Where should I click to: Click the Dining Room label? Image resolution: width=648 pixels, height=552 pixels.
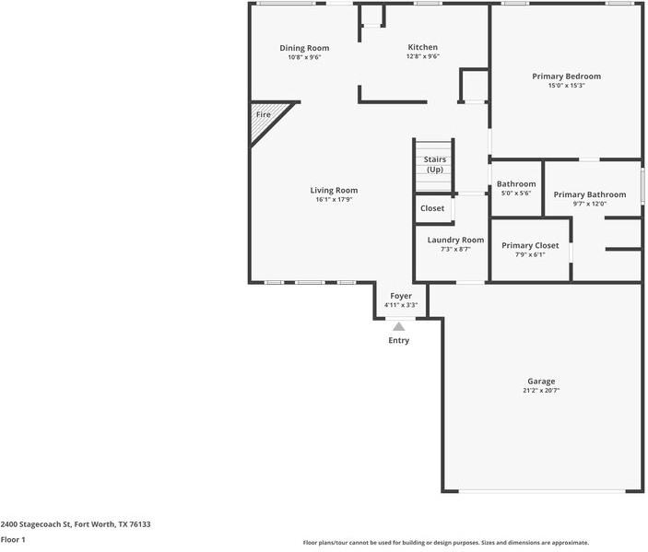point(304,48)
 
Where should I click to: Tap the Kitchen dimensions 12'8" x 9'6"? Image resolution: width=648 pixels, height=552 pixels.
point(423,57)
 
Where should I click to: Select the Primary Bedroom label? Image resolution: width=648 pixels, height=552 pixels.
point(566,76)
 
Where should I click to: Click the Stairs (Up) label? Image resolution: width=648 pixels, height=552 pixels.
point(434,164)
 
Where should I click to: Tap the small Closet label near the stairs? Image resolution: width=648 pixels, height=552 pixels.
point(432,208)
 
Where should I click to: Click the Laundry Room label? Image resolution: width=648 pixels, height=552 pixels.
point(455,240)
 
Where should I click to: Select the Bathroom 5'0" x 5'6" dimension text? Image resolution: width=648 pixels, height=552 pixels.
point(516,194)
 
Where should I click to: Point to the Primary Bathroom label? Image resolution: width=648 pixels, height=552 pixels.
point(590,194)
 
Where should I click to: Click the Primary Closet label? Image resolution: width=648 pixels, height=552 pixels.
point(530,245)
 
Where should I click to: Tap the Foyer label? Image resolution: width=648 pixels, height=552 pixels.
point(400,296)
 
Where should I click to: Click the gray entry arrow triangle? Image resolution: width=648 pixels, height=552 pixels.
point(399,325)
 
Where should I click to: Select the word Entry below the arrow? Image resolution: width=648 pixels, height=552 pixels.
point(399,340)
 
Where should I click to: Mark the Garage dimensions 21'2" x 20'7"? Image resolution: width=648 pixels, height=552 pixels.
point(541,391)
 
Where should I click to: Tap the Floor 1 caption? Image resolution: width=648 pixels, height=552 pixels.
point(13,540)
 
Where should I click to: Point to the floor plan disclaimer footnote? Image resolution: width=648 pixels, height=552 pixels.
point(445,543)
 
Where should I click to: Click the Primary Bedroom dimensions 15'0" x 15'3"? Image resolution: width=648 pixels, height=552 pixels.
point(566,86)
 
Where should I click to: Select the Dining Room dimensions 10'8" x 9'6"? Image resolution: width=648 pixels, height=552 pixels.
point(304,57)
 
